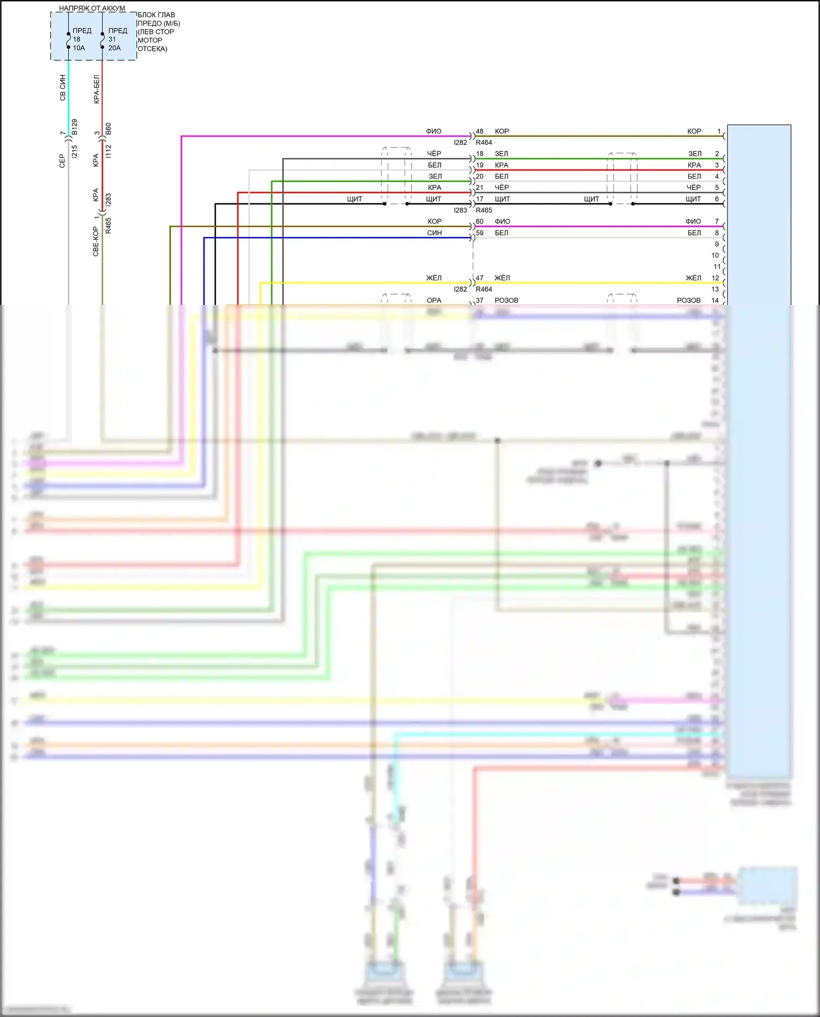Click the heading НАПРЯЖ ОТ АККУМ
point(92,8)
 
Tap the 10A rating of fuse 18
point(79,48)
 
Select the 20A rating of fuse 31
point(114,48)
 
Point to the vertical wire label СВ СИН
point(62,88)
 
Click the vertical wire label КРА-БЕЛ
point(97,89)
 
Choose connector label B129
point(74,127)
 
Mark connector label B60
point(108,129)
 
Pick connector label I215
point(74,151)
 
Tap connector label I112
point(108,151)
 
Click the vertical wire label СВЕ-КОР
point(96,242)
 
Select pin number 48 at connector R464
point(479,132)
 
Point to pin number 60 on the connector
point(479,222)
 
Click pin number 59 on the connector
point(479,233)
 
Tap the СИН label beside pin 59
point(435,233)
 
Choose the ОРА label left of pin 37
point(434,301)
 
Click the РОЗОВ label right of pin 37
point(506,301)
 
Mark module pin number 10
point(715,256)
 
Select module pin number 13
point(715,289)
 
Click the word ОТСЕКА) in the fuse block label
point(153,49)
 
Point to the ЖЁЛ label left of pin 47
point(434,278)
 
